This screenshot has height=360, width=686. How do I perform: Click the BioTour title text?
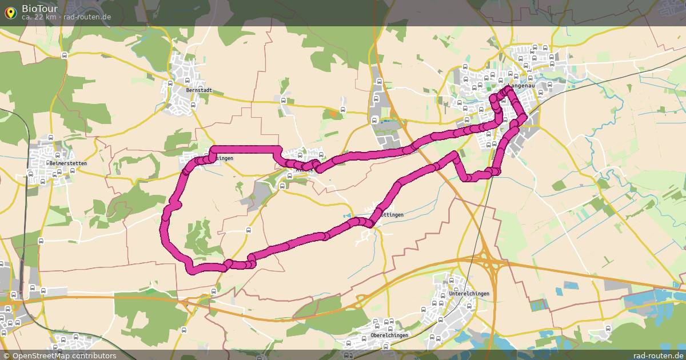pyautogui.click(x=39, y=8)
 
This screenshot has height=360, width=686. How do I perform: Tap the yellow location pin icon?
pyautogui.click(x=10, y=12)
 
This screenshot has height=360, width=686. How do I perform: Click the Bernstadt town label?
pyautogui.click(x=199, y=90)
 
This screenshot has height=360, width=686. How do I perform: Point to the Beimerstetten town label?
pyautogui.click(x=69, y=163)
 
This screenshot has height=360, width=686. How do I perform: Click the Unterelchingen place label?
pyautogui.click(x=469, y=294)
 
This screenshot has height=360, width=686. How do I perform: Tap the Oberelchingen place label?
pyautogui.click(x=389, y=335)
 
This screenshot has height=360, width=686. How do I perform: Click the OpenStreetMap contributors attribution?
pyautogui.click(x=63, y=355)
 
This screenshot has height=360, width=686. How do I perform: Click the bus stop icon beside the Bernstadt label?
pyautogui.click(x=193, y=105)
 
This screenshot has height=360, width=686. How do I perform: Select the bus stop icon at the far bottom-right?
pyautogui.click(x=608, y=328)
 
